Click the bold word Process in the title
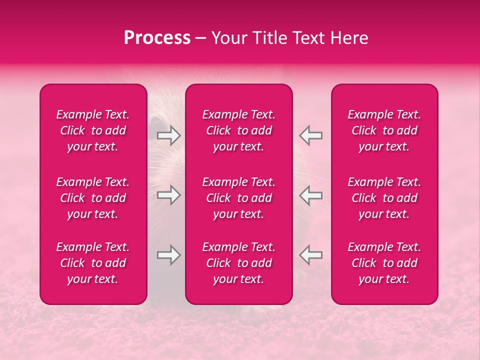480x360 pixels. (x=157, y=38)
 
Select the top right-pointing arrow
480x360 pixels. (x=168, y=135)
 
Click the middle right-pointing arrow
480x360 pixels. (x=168, y=195)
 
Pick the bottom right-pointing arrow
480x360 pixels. (x=168, y=255)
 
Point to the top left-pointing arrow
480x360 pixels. (x=311, y=135)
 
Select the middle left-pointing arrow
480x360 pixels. (x=311, y=195)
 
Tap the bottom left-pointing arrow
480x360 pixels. (x=311, y=255)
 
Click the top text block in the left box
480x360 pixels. (x=93, y=130)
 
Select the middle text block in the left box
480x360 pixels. (x=93, y=198)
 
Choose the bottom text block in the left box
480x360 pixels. (x=93, y=263)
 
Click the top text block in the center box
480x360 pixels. (x=239, y=130)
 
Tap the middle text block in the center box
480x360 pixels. (x=239, y=198)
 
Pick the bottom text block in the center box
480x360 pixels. (x=239, y=263)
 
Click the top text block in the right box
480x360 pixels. (x=384, y=130)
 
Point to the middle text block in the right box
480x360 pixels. (x=384, y=198)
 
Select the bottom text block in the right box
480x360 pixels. (x=384, y=263)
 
